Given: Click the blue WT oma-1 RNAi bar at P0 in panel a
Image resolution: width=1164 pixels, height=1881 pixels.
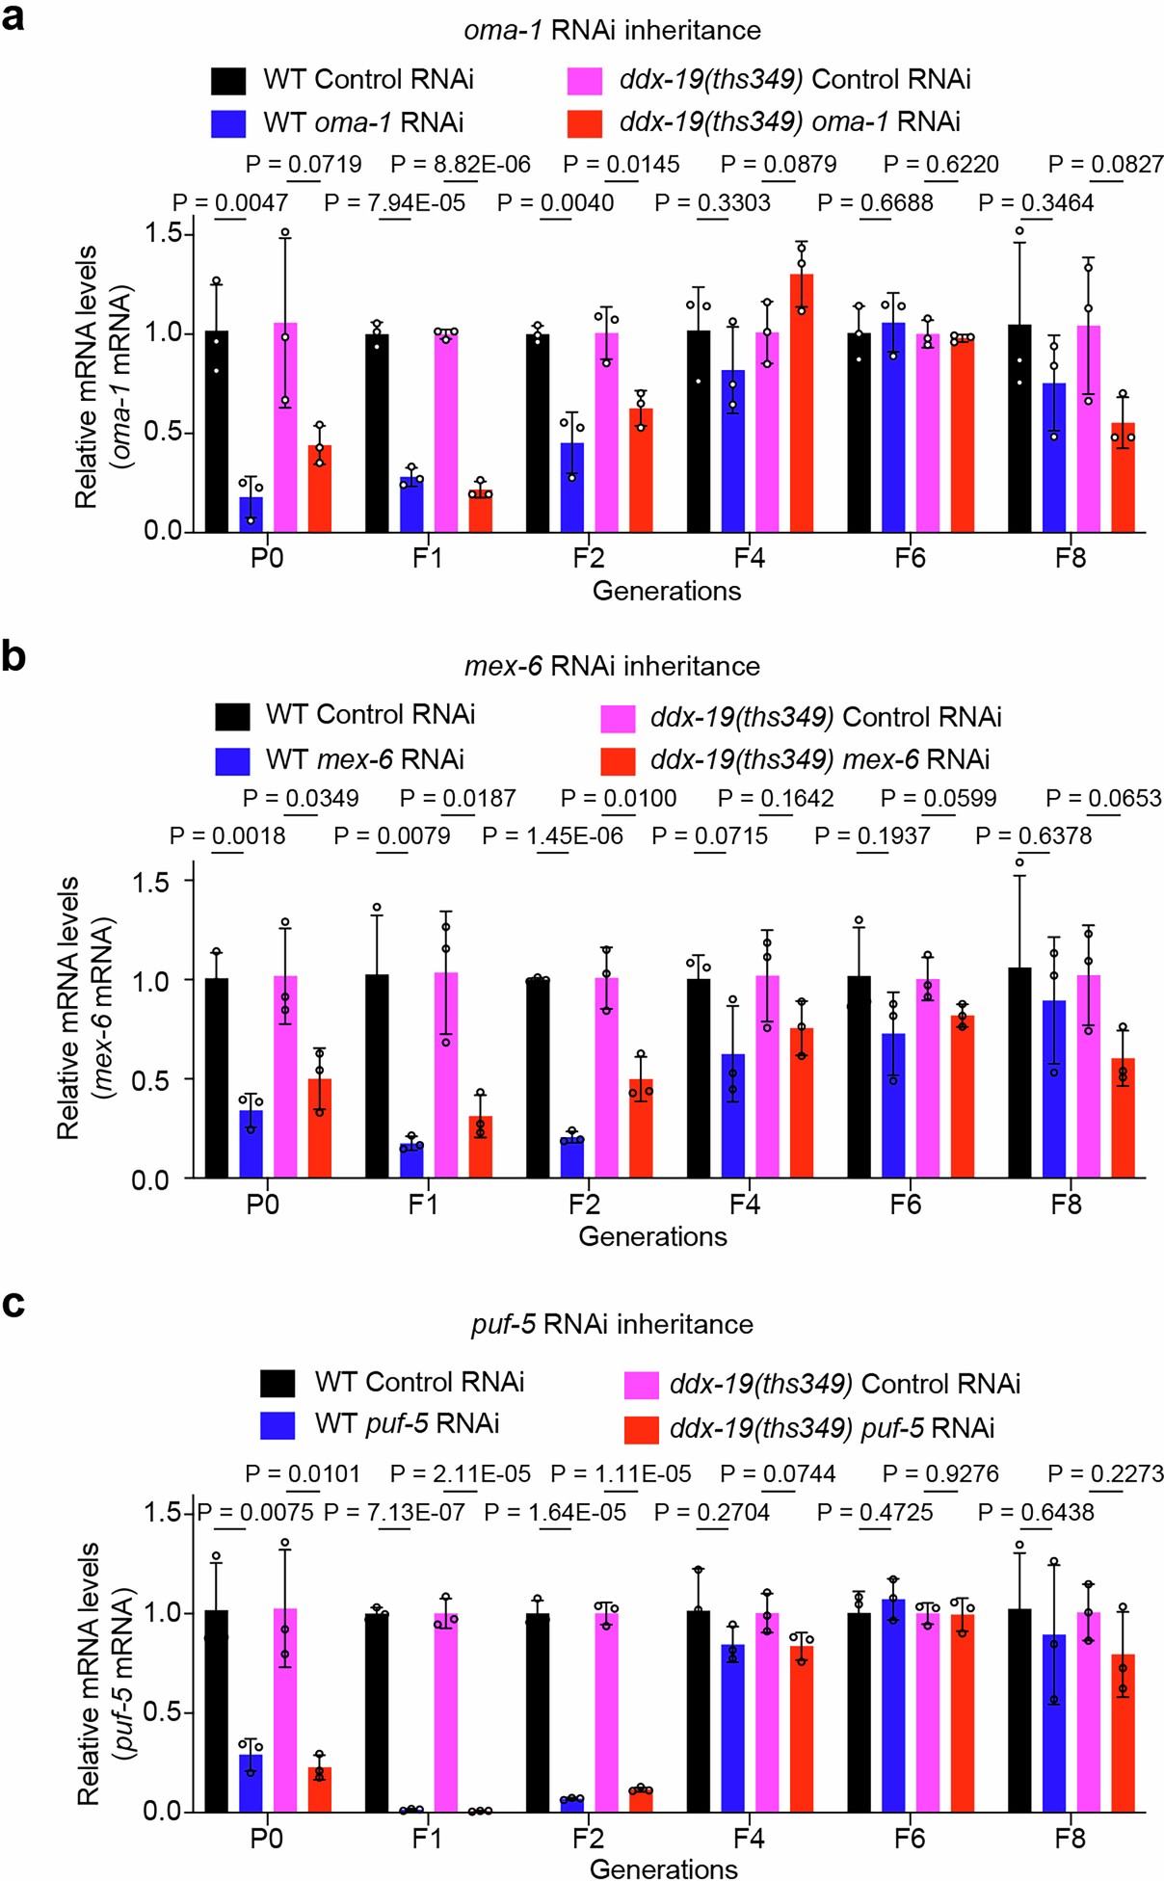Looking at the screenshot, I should tap(251, 514).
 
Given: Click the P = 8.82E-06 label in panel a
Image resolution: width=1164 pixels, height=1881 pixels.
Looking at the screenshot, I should tap(461, 165).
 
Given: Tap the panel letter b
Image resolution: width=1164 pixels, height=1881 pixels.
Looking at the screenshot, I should tap(13, 656).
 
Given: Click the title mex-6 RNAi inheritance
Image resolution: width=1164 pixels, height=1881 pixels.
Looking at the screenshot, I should tap(612, 666).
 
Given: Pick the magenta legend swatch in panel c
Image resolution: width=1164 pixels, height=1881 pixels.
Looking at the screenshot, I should tap(641, 1386).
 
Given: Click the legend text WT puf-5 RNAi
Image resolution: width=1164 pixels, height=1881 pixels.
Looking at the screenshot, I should tap(407, 1423).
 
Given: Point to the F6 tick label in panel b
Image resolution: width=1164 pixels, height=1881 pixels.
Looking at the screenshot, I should tap(905, 1205).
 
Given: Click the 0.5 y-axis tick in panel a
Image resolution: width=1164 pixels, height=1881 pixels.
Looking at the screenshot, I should tap(163, 432).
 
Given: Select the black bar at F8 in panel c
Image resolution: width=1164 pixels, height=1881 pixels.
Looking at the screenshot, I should tap(1019, 1711).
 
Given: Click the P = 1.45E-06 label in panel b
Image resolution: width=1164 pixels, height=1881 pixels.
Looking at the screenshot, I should tap(553, 835).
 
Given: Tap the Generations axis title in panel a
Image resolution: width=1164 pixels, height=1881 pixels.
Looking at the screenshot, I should tap(666, 591).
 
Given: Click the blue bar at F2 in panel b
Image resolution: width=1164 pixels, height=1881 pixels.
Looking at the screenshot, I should tap(572, 1158).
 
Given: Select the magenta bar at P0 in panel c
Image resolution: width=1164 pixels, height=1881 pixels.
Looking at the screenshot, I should tap(285, 1711).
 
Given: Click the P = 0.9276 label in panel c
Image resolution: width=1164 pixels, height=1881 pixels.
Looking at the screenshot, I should tap(940, 1474).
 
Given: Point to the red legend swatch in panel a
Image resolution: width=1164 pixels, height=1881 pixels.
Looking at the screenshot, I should tap(584, 123).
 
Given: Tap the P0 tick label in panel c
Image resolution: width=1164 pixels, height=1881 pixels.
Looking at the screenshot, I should tap(266, 1839).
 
